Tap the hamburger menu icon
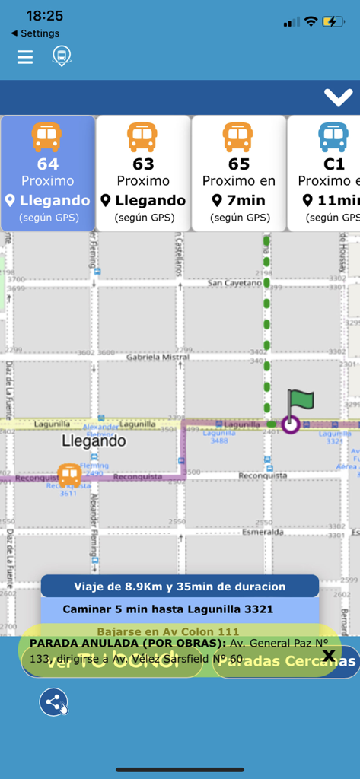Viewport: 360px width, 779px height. [x=25, y=57]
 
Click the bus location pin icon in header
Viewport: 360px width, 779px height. [x=62, y=56]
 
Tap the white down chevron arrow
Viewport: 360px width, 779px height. [x=336, y=97]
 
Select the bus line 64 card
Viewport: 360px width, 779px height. [x=48, y=173]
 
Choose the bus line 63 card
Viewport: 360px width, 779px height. [x=143, y=173]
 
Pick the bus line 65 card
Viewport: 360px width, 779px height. [x=238, y=173]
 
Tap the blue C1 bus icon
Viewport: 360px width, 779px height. [x=333, y=137]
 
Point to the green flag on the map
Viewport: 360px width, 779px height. [x=300, y=402]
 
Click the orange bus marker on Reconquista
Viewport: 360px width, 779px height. [x=69, y=475]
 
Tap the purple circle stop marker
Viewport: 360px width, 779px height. [x=290, y=424]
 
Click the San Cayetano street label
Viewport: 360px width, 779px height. [x=232, y=283]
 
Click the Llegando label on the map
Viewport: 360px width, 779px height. [x=94, y=441]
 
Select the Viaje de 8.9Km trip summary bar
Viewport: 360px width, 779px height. [x=180, y=587]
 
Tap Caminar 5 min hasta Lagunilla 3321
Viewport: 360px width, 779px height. [x=167, y=609]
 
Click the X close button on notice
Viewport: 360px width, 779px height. [x=329, y=656]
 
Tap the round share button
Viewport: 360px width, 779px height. [x=55, y=702]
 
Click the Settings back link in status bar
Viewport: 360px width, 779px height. [x=36, y=33]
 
